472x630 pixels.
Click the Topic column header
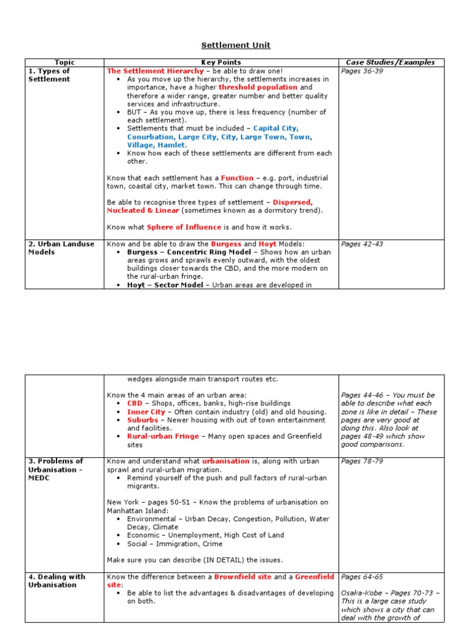click(65, 62)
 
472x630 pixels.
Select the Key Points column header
click(221, 62)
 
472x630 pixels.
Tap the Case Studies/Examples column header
click(390, 62)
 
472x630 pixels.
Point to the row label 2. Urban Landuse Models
click(61, 248)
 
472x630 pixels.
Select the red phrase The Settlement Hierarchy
click(155, 71)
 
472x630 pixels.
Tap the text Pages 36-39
click(362, 71)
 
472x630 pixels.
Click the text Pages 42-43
click(362, 244)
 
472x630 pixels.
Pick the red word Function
click(237, 178)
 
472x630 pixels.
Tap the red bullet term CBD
click(134, 404)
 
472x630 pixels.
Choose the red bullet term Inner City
click(146, 412)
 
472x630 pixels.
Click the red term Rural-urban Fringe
click(163, 436)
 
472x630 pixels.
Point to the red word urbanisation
click(226, 461)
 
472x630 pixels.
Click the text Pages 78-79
click(362, 461)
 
